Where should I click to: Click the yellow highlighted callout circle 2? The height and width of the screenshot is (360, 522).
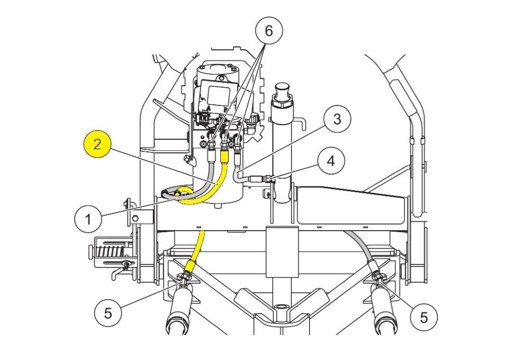click(x=97, y=144)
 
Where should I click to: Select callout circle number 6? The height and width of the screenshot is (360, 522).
click(x=269, y=31)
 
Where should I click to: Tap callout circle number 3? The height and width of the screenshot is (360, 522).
click(x=337, y=119)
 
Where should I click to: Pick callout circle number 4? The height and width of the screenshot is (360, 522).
click(x=331, y=161)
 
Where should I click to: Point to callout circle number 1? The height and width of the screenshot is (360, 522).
click(x=88, y=219)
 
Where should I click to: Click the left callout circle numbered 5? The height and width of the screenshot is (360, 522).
click(x=108, y=313)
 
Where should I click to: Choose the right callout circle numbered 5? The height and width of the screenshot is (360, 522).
click(x=424, y=317)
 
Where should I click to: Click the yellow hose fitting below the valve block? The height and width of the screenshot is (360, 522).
click(x=225, y=156)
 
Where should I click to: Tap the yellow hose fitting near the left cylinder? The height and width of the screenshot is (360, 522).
click(x=190, y=266)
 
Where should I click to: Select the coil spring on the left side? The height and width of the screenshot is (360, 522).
click(x=111, y=252)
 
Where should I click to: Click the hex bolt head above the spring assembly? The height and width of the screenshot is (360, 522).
click(x=136, y=219)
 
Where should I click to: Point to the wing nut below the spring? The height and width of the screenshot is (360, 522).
click(x=126, y=264)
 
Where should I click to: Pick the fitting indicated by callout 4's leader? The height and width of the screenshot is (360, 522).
click(x=269, y=179)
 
